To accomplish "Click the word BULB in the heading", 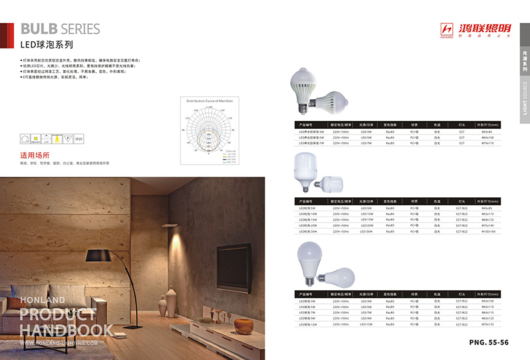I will (39, 29).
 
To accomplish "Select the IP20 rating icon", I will (79, 141).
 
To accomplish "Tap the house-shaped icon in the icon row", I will (26, 140).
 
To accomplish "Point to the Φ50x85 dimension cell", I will (487, 131).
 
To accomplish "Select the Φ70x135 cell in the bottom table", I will (487, 324).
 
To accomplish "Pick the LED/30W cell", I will (367, 231).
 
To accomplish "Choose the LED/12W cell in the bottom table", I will (367, 324).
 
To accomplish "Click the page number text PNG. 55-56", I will (489, 342).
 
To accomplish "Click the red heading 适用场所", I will (35, 155).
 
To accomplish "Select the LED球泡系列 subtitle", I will (47, 44).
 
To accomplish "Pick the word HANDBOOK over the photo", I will (66, 329).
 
